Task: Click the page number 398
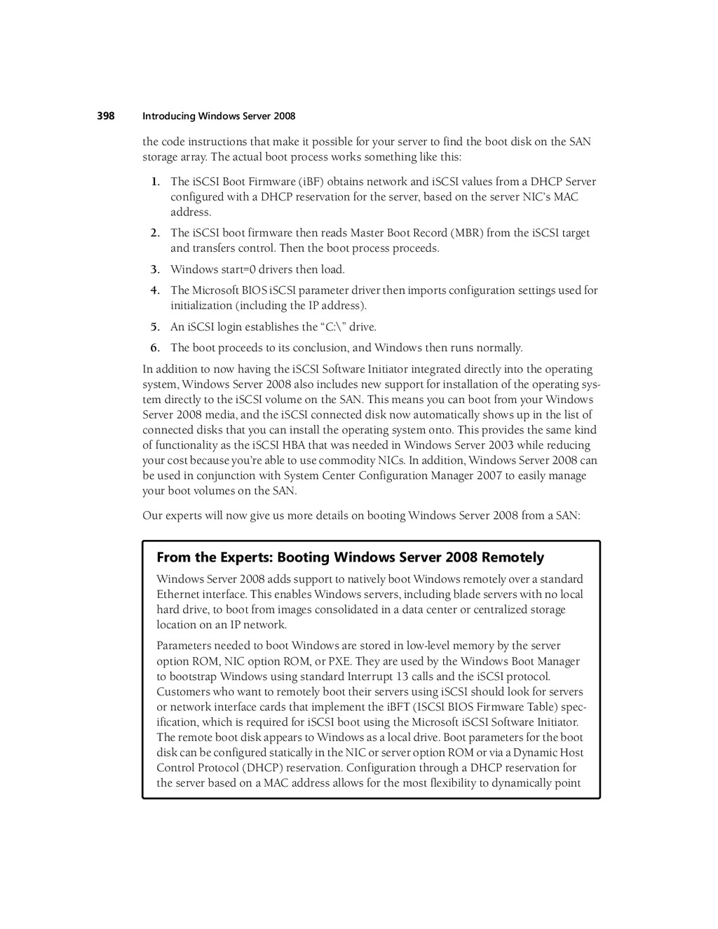click(x=106, y=116)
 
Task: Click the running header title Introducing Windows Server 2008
click(x=219, y=116)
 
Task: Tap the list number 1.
click(x=155, y=182)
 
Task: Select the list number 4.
click(x=155, y=290)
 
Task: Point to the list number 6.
click(x=155, y=348)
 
